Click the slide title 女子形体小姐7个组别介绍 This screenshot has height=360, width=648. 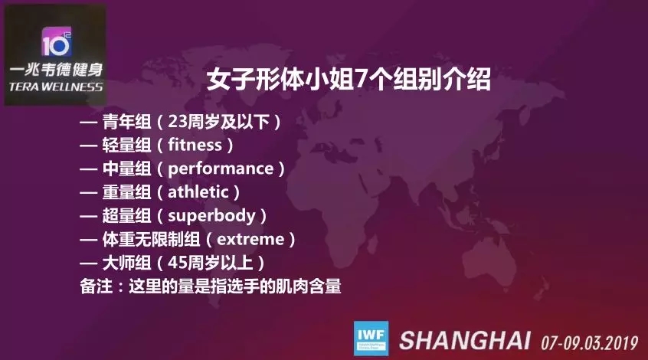(x=349, y=79)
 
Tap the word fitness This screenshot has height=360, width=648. (x=195, y=145)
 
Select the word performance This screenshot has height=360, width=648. (x=221, y=169)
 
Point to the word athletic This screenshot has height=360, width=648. (x=198, y=191)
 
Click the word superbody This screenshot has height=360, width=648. (x=211, y=216)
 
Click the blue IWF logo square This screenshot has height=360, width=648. (x=371, y=338)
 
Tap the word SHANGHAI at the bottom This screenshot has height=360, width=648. (x=464, y=340)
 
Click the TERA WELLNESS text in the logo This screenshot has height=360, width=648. (x=56, y=87)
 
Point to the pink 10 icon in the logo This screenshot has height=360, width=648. (x=56, y=42)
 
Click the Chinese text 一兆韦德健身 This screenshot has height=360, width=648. (x=56, y=69)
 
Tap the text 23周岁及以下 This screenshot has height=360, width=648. (x=219, y=122)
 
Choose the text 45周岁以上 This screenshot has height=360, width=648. (x=211, y=263)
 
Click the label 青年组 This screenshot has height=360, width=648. (x=127, y=122)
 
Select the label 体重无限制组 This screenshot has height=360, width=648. (x=151, y=239)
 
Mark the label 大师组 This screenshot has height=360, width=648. (x=127, y=263)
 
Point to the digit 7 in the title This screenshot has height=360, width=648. (x=360, y=80)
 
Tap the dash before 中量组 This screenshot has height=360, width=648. (x=88, y=169)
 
